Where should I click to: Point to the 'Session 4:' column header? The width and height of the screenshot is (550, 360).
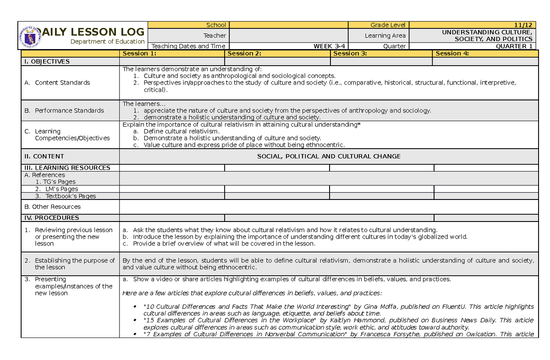pyautogui.click(x=452, y=54)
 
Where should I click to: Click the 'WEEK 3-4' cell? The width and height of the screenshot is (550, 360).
pyautogui.click(x=329, y=46)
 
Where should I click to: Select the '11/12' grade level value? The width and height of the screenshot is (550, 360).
pyautogui.click(x=523, y=25)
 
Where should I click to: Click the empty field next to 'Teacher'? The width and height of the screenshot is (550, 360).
pyautogui.click(x=288, y=35)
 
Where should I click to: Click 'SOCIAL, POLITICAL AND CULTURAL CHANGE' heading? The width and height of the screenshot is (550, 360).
pyautogui.click(x=329, y=156)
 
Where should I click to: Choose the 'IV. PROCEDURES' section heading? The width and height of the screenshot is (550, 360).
pyautogui.click(x=51, y=218)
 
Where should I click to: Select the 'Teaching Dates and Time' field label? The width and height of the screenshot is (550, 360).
pyautogui.click(x=188, y=46)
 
